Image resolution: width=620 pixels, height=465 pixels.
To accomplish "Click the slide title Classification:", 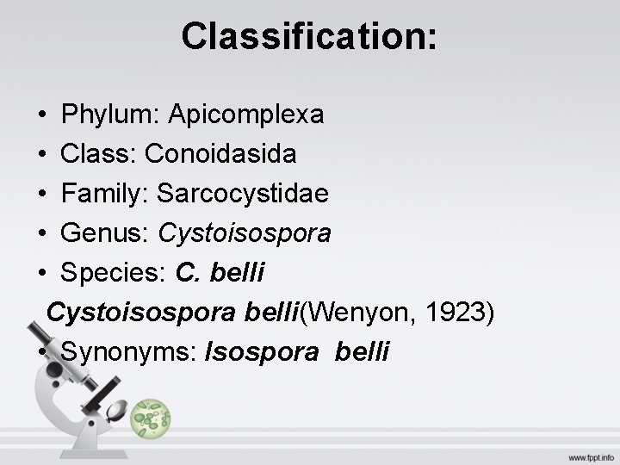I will coord(309,36).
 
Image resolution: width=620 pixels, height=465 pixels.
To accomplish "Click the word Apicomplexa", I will coord(246,114).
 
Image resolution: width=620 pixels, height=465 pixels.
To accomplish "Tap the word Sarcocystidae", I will coord(242,194).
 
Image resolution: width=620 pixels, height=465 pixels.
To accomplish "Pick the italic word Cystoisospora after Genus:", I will coord(245,233).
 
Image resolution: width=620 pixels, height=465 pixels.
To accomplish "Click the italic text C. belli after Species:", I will coord(220,273).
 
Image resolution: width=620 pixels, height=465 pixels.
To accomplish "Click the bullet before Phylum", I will coord(42,115).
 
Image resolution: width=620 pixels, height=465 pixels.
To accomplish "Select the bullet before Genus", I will coord(42,234).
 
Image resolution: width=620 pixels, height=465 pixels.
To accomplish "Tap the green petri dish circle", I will coord(152,418).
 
